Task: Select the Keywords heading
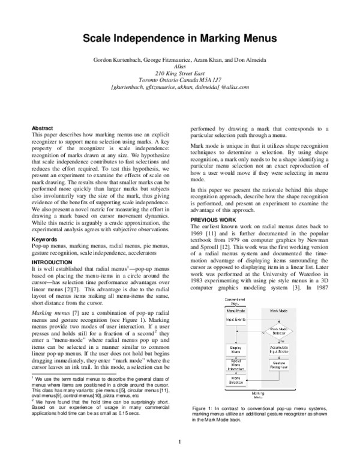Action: tap(46, 239)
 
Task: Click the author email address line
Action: tap(179, 88)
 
